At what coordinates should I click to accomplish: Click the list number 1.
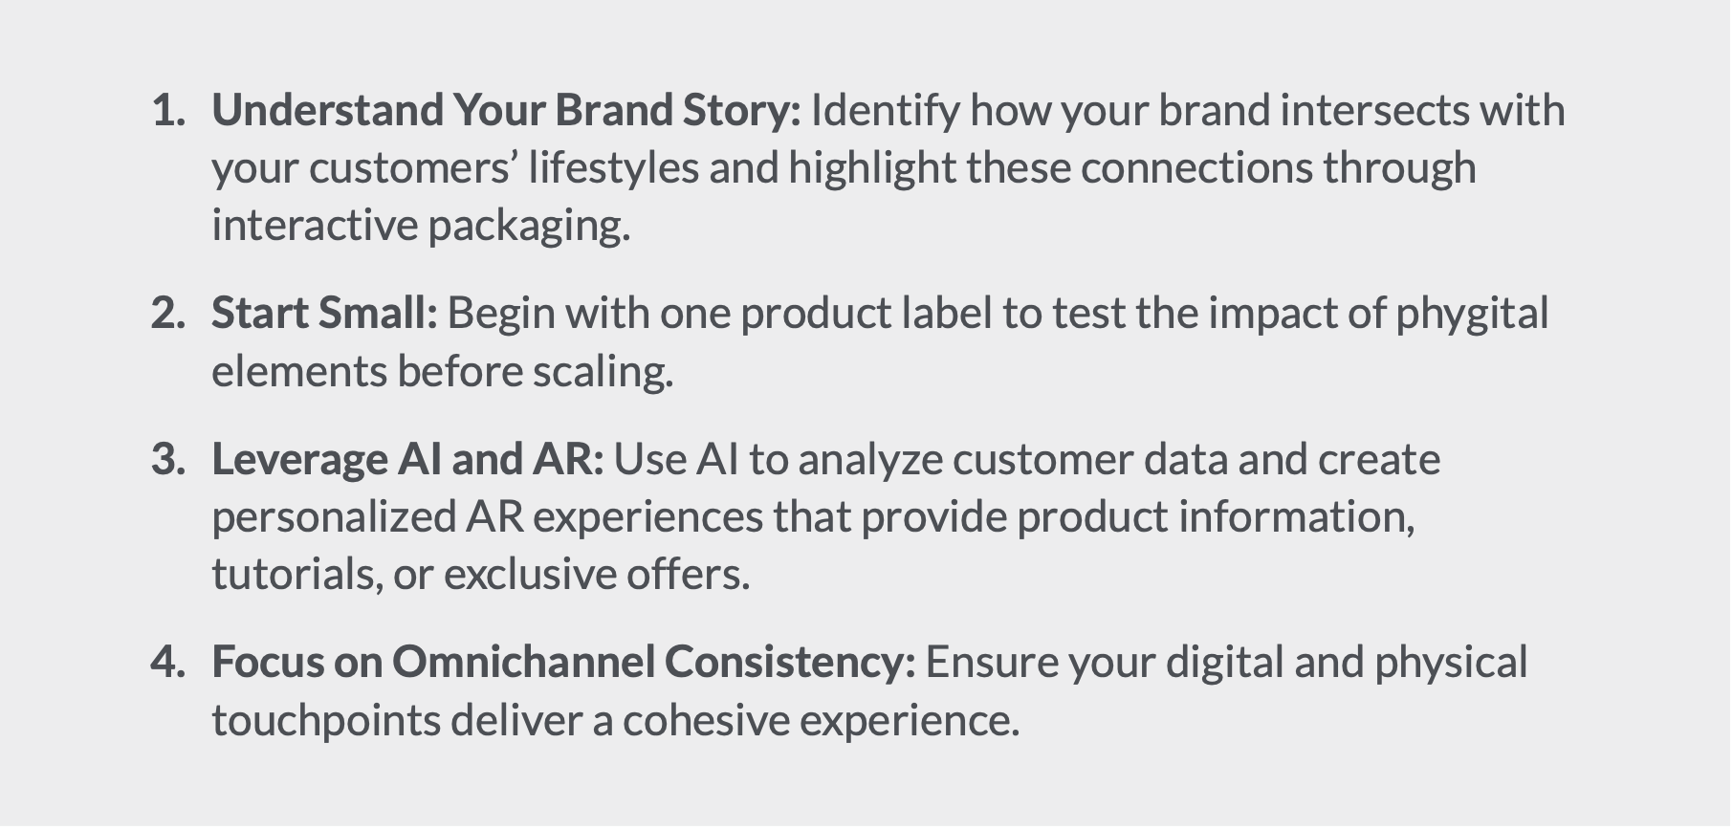pos(168,111)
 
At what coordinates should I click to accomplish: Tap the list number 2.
pos(168,314)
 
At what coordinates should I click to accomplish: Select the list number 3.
pos(168,460)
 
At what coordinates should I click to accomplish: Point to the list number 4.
pos(168,663)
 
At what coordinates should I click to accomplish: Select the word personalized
pos(334,518)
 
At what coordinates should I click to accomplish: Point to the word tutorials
pos(297,576)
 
